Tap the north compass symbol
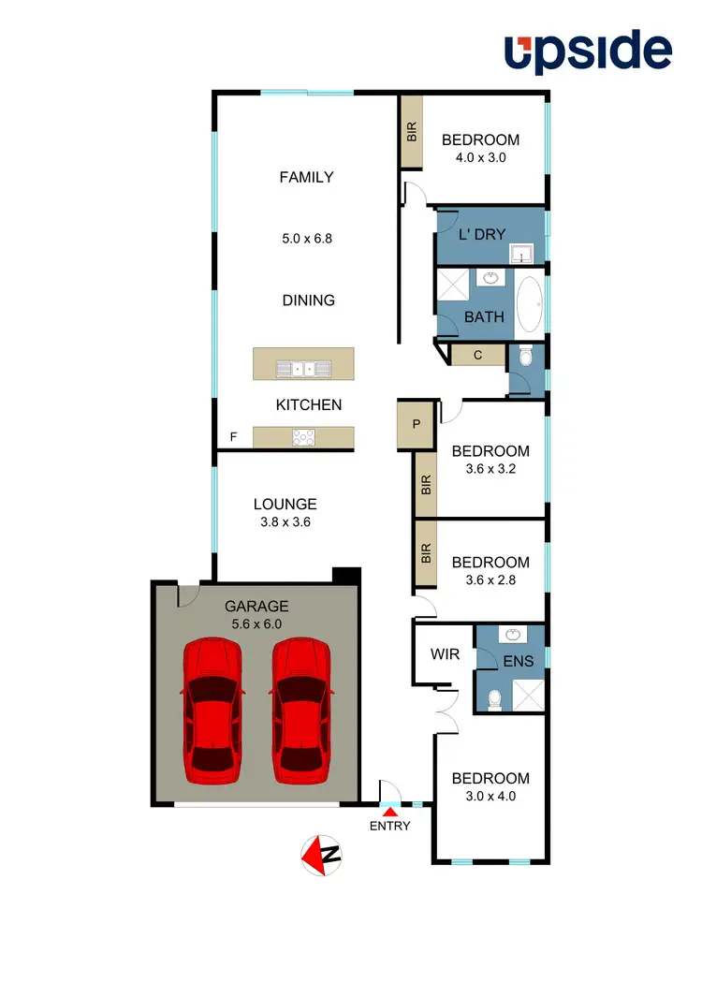pos(322,854)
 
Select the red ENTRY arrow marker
pos(390,813)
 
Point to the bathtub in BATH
pos(530,304)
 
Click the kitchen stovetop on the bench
pos(304,436)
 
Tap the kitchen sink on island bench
pos(304,368)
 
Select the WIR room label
pos(445,653)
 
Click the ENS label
pos(518,661)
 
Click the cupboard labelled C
pos(477,355)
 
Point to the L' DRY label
pos(482,234)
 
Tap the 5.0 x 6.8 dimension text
pos(307,239)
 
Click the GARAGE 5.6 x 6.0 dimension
pos(256,623)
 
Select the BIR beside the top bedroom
pos(412,131)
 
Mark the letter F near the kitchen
pos(234,437)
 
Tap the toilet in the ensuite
pos(493,698)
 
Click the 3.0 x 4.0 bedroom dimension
pos(490,797)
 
